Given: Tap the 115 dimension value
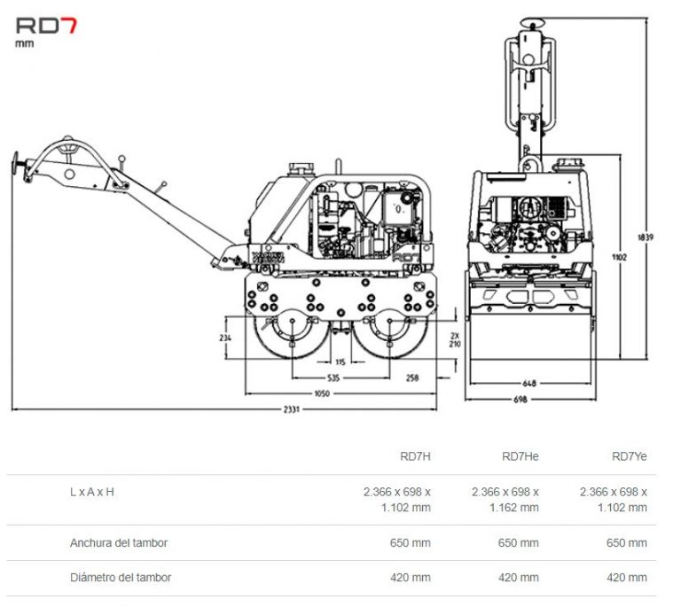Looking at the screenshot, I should (x=340, y=361).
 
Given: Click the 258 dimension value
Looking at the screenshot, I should (x=412, y=377).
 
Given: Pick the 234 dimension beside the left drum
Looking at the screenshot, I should (x=225, y=338).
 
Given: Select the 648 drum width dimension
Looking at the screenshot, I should (x=529, y=384).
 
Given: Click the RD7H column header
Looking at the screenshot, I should (x=415, y=457).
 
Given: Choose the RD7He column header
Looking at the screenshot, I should (x=520, y=457).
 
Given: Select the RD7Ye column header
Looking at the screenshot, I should (x=630, y=457).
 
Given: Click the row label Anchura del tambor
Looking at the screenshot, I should (x=119, y=542).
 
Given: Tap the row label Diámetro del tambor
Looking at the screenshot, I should (x=121, y=578).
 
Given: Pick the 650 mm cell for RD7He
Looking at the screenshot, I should (x=521, y=542).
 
